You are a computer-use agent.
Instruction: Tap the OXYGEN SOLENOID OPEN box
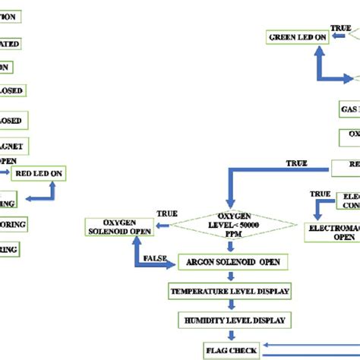(x=118, y=225)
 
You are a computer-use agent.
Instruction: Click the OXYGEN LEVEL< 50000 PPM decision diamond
(x=234, y=224)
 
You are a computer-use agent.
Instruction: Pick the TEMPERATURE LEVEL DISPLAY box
(x=229, y=291)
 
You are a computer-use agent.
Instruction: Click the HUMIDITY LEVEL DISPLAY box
(x=233, y=321)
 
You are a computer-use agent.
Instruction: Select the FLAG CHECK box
(x=232, y=350)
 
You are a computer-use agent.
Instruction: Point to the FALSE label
(x=155, y=260)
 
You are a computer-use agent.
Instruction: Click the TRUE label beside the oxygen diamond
(x=167, y=213)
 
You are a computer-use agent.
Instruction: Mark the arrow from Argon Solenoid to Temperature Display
(x=229, y=276)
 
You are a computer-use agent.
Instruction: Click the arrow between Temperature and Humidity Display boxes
(x=229, y=306)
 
